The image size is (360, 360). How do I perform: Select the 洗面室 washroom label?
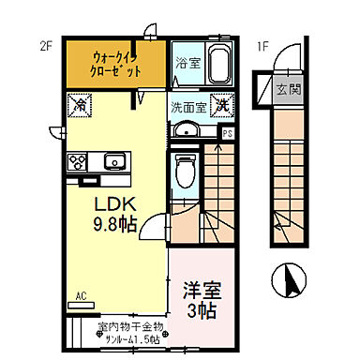tap(187, 106)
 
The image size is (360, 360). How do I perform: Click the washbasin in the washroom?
tap(187, 129)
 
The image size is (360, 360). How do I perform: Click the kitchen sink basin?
tap(115, 160)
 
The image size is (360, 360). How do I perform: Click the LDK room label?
tap(111, 202)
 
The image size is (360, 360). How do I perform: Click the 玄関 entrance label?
tap(288, 90)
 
